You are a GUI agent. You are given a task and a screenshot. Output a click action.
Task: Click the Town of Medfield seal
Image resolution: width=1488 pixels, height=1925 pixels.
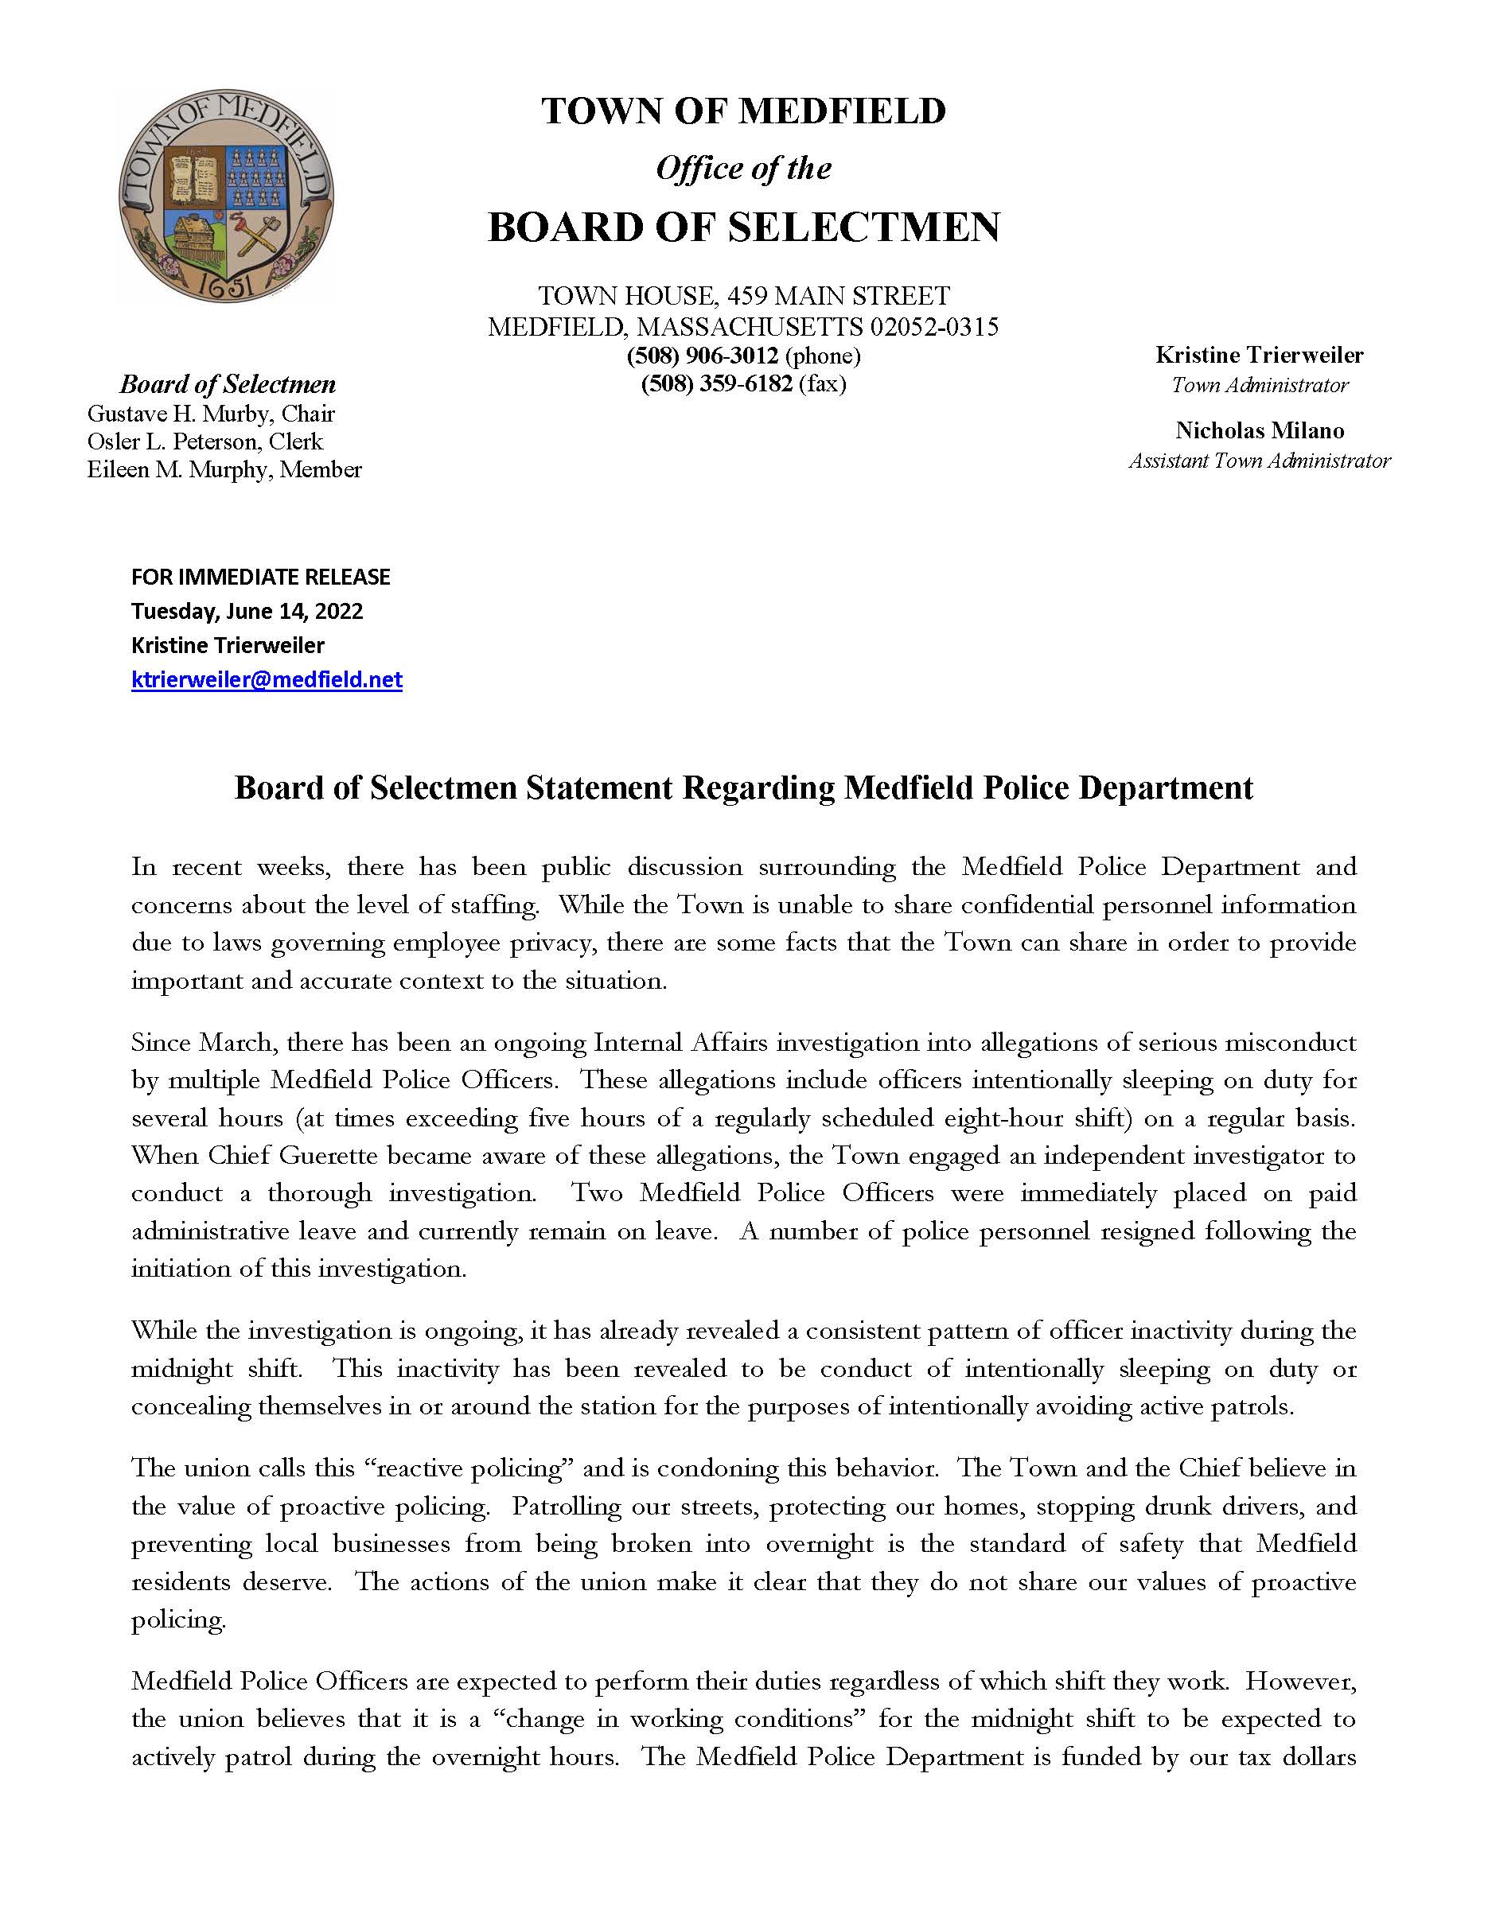coord(227,196)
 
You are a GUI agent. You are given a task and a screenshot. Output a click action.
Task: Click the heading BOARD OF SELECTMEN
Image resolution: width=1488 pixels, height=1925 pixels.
coord(743,227)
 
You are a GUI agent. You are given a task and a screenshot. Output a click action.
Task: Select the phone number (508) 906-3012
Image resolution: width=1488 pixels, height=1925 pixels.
coord(703,356)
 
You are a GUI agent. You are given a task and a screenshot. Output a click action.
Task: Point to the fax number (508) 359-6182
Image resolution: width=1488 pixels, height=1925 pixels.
coord(717,384)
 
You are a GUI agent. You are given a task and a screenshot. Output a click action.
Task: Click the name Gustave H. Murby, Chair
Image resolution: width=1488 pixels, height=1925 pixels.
coord(211,414)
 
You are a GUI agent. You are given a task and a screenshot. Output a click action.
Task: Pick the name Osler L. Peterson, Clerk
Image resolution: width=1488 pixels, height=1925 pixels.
coord(205,441)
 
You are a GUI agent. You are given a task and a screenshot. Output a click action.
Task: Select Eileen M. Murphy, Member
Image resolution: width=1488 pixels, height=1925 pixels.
coord(224,470)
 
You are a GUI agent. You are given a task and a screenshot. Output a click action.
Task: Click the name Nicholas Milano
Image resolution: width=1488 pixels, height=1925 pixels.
coord(1260,431)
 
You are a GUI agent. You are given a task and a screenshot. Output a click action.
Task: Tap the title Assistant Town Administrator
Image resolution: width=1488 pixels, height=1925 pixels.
coord(1260,461)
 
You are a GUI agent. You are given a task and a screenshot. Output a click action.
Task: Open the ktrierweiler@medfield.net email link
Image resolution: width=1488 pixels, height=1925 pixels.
coord(267,679)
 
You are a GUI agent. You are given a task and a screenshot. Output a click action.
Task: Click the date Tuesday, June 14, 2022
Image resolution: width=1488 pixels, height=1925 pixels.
coord(247,611)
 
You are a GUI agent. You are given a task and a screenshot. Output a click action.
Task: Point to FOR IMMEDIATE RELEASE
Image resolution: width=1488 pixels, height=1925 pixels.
coord(261,577)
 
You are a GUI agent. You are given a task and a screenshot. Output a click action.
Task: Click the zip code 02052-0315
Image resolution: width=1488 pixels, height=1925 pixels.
coord(934,327)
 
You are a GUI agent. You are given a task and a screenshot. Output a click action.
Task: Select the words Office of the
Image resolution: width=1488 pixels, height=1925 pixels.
coord(743,169)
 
